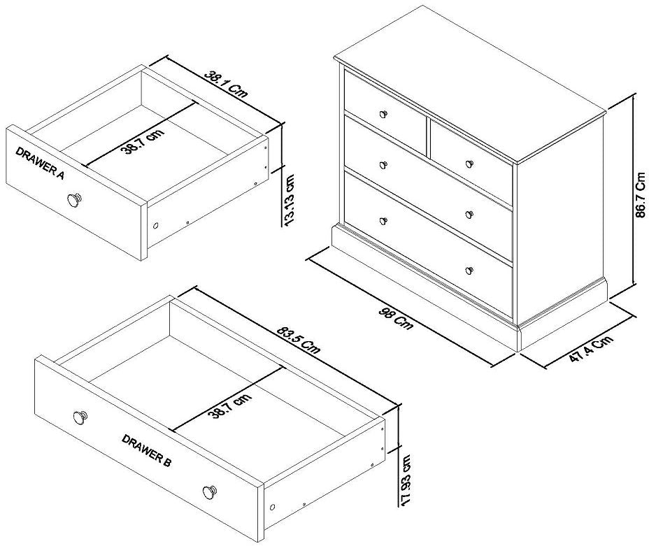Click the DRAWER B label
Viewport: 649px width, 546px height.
tap(147, 450)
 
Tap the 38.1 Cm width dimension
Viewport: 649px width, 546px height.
tap(226, 84)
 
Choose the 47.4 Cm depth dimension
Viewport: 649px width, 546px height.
tap(590, 349)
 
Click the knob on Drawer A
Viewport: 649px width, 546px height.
tap(73, 200)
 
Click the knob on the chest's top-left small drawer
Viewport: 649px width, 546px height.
tap(383, 113)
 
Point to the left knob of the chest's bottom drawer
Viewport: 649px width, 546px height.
tap(383, 222)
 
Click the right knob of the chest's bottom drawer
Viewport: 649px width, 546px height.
tap(469, 269)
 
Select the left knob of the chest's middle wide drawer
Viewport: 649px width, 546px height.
tap(383, 165)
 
